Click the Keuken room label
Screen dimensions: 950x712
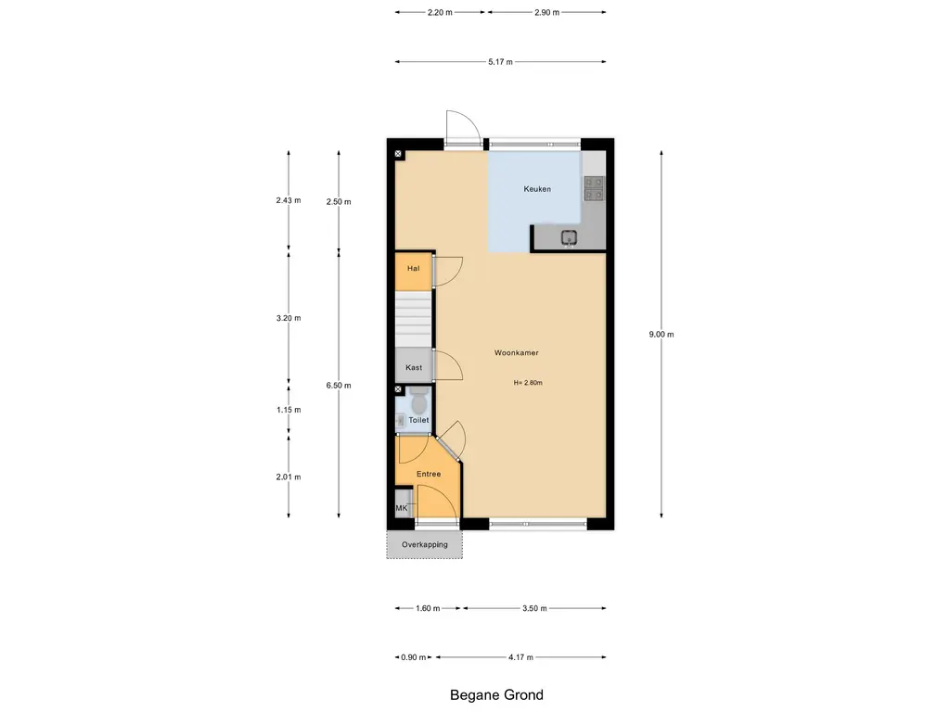point(537,189)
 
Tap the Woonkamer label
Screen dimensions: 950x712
point(516,352)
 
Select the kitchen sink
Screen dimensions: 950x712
point(569,238)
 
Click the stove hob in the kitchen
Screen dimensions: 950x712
point(594,188)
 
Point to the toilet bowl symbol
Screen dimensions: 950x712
point(418,400)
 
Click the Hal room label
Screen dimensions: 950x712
point(413,268)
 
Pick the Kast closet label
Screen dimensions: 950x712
point(414,367)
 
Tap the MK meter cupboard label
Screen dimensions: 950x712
point(402,508)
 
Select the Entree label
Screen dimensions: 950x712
point(429,474)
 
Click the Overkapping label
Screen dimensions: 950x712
point(425,544)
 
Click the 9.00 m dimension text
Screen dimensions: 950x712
point(661,334)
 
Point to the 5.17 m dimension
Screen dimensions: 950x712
point(500,62)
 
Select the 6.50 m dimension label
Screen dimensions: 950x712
point(339,385)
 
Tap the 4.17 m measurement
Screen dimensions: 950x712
point(520,657)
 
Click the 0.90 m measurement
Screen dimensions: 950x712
point(413,657)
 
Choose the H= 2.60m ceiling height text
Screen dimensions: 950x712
point(528,383)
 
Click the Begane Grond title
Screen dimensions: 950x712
point(496,695)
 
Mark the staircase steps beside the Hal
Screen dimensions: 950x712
point(414,319)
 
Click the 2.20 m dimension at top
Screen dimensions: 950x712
point(440,12)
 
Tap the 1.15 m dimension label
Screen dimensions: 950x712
point(289,410)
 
